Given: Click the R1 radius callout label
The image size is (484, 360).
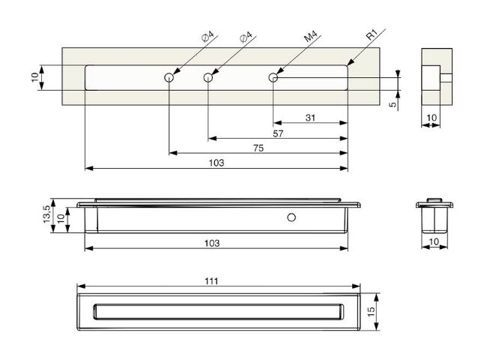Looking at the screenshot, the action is pyautogui.click(x=372, y=35).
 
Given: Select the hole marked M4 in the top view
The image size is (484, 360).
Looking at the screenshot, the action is pyautogui.click(x=273, y=77).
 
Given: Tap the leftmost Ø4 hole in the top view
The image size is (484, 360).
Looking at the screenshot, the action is pyautogui.click(x=169, y=77).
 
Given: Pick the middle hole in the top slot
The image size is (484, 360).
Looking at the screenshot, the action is pyautogui.click(x=208, y=77).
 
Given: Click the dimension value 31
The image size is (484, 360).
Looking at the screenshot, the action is pyautogui.click(x=310, y=118).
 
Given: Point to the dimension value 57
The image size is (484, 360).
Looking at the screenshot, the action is pyautogui.click(x=278, y=133).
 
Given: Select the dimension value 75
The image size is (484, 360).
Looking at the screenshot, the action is pyautogui.click(x=258, y=148).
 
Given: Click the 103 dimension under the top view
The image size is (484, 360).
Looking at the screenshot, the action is pyautogui.click(x=217, y=163).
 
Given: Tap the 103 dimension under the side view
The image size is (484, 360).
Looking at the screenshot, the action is pyautogui.click(x=212, y=244).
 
